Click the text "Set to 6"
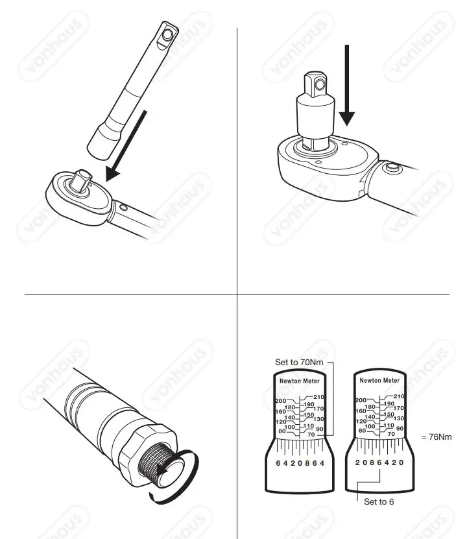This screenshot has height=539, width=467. pyautogui.click(x=379, y=501)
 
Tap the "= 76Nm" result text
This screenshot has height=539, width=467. pyautogui.click(x=436, y=437)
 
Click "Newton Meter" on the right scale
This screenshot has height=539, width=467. pyautogui.click(x=379, y=381)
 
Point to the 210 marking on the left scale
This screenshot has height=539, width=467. pyautogui.click(x=318, y=396)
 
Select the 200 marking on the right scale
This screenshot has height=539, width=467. pyautogui.click(x=361, y=401)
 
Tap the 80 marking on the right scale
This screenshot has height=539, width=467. pyautogui.click(x=363, y=430)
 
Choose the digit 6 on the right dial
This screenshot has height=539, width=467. pyautogui.click(x=379, y=462)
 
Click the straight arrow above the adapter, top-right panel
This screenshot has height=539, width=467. pyautogui.click(x=347, y=84)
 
